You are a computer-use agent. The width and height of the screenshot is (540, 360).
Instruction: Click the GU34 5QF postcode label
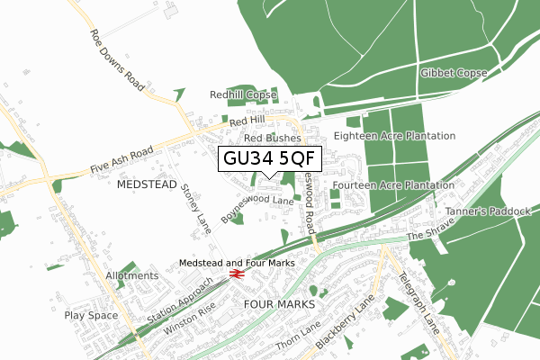pyautogui.click(x=270, y=159)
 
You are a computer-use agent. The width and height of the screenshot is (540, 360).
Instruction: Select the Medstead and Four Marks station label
pyautogui.click(x=238, y=262)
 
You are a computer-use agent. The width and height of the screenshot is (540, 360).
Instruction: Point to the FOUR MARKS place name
pyautogui.click(x=280, y=304)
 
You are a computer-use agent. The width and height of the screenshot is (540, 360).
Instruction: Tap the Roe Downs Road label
pyautogui.click(x=117, y=59)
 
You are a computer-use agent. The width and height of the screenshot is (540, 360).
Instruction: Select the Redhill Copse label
pyautogui.click(x=243, y=94)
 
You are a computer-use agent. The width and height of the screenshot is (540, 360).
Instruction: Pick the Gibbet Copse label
pyautogui.click(x=454, y=73)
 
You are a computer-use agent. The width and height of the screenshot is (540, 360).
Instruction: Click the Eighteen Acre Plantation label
pyautogui.click(x=394, y=136)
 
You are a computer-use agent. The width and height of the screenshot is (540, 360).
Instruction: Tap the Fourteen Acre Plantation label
pyautogui.click(x=392, y=185)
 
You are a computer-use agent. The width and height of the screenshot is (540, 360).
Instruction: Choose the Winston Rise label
pyautogui.click(x=190, y=320)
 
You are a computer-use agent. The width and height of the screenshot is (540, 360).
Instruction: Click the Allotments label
pyautogui.click(x=131, y=275)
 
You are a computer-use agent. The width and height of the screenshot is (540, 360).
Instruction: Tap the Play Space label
pyautogui.click(x=91, y=316)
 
